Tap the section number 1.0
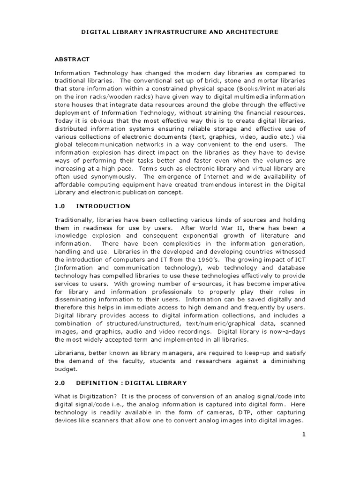[x=60, y=206]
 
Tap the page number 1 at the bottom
[x=303, y=435]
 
